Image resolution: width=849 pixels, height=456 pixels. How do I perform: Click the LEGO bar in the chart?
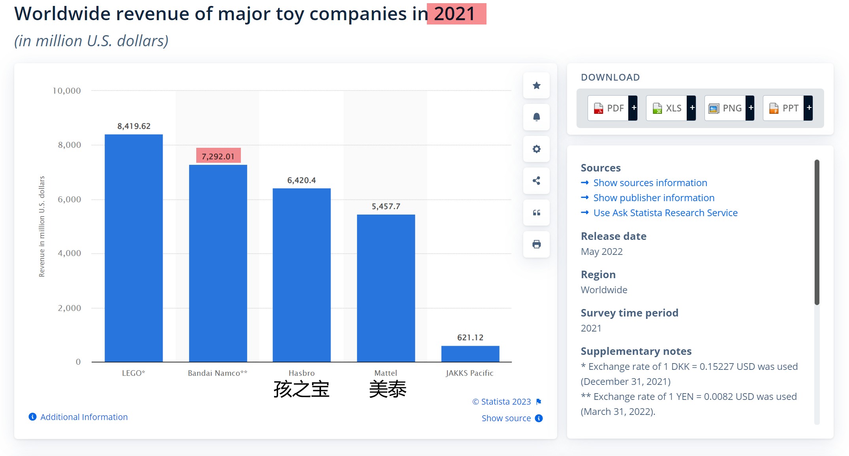pyautogui.click(x=133, y=248)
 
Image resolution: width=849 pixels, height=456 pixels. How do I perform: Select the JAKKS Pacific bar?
pyautogui.click(x=470, y=354)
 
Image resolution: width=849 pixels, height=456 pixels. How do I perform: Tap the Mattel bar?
pyautogui.click(x=386, y=288)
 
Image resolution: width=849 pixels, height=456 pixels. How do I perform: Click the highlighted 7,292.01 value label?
pyautogui.click(x=218, y=156)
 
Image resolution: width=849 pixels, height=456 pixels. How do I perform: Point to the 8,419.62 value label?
pyautogui.click(x=134, y=126)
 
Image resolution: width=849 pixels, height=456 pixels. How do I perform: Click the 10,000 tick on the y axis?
pyautogui.click(x=67, y=91)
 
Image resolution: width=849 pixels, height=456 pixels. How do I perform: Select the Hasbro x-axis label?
pyautogui.click(x=301, y=373)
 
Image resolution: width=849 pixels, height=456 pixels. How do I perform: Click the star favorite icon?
pyautogui.click(x=536, y=85)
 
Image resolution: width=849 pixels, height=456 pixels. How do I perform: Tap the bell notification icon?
pyautogui.click(x=536, y=117)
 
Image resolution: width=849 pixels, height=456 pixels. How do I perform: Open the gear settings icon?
pyautogui.click(x=536, y=149)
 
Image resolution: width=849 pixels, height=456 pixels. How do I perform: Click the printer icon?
pyautogui.click(x=536, y=244)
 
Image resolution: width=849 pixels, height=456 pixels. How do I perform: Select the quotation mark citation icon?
pyautogui.click(x=536, y=213)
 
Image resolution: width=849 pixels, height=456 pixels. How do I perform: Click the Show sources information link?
pyautogui.click(x=650, y=183)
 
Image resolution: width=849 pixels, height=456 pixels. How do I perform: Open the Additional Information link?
pyautogui.click(x=84, y=417)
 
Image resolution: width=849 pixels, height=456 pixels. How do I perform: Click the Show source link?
pyautogui.click(x=506, y=418)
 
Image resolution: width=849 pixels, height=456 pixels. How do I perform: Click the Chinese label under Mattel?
pyautogui.click(x=387, y=389)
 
